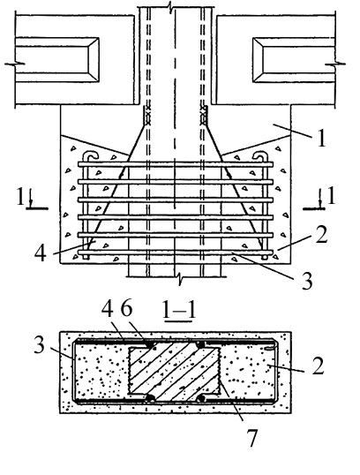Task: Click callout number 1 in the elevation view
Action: click(321, 139)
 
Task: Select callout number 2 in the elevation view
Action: click(321, 235)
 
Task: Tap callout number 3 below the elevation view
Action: click(307, 281)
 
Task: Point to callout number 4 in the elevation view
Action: click(41, 253)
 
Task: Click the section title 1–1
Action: click(179, 310)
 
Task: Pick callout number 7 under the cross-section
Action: click(251, 438)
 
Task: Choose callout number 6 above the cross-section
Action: click(126, 310)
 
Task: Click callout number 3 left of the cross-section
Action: click(40, 345)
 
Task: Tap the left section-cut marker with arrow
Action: click(32, 199)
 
